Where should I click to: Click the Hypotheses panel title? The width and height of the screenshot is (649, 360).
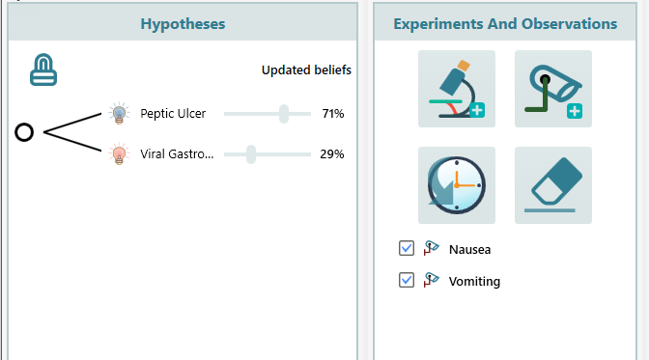tap(183, 23)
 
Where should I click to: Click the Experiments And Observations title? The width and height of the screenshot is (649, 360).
tap(505, 23)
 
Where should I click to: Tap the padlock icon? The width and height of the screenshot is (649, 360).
tap(43, 69)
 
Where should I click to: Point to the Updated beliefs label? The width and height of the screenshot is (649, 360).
tap(306, 70)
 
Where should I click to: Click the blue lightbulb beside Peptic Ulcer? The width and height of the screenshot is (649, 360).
tap(119, 114)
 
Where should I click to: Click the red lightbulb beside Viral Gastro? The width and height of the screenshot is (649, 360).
tap(119, 153)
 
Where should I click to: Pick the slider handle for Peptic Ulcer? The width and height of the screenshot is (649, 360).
tap(284, 114)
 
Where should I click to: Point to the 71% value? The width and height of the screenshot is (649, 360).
tap(332, 114)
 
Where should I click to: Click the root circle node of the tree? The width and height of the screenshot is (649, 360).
tap(25, 132)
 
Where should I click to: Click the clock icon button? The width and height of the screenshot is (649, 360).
tap(456, 185)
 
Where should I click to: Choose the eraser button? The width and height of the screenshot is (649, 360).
tap(552, 185)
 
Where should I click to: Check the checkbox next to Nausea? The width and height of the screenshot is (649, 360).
tap(407, 249)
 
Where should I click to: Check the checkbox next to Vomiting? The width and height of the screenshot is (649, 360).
tap(407, 281)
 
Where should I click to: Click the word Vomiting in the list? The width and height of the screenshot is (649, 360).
tap(474, 282)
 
